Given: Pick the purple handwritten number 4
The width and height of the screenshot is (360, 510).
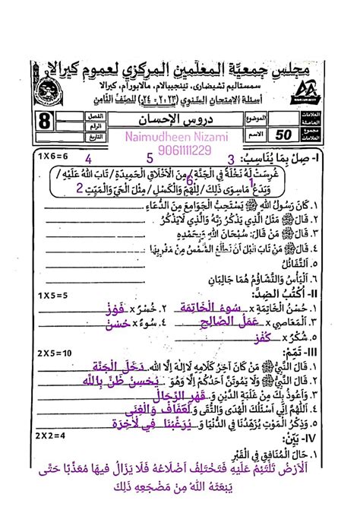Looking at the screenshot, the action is pos(89,159).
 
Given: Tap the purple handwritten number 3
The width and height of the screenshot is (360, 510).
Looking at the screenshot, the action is pos(231,159).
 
